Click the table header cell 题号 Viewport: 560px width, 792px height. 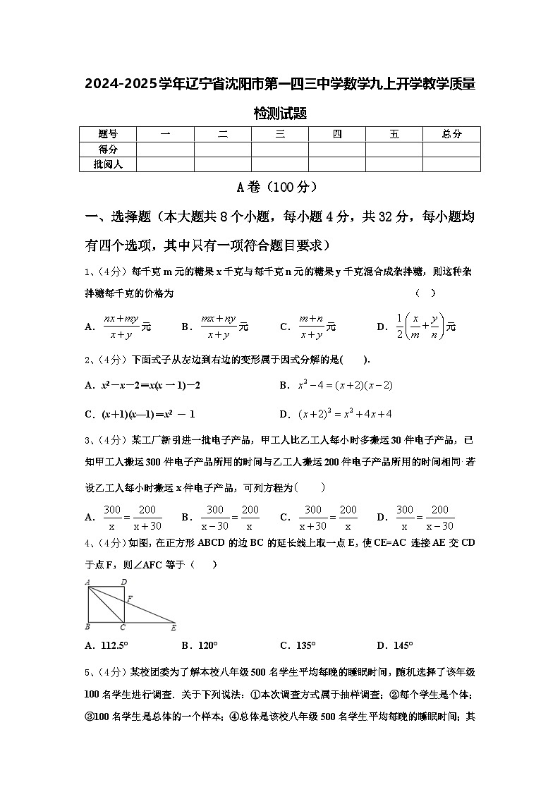point(107,134)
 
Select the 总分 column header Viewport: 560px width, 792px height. point(451,134)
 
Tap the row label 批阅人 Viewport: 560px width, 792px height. point(107,164)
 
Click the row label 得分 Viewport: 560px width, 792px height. point(107,149)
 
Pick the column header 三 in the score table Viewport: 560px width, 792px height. point(280,134)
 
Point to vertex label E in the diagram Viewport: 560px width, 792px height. point(174,627)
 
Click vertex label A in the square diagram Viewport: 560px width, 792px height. point(87,582)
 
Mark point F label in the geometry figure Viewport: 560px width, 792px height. point(129,598)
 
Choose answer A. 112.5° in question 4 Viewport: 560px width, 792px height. point(106,645)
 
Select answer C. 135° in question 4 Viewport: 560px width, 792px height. point(298,645)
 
